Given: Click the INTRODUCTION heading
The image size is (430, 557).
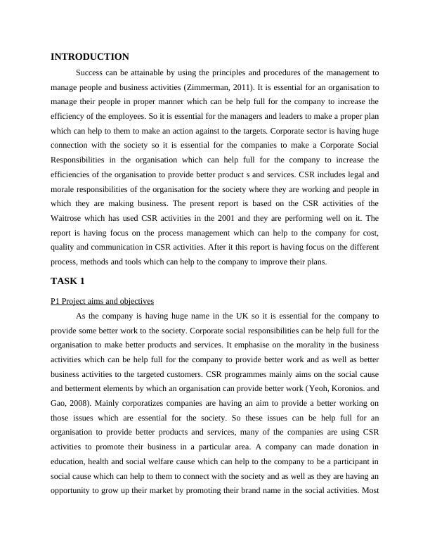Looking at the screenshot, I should [90, 57].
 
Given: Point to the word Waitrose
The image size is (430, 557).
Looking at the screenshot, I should [71, 218].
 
